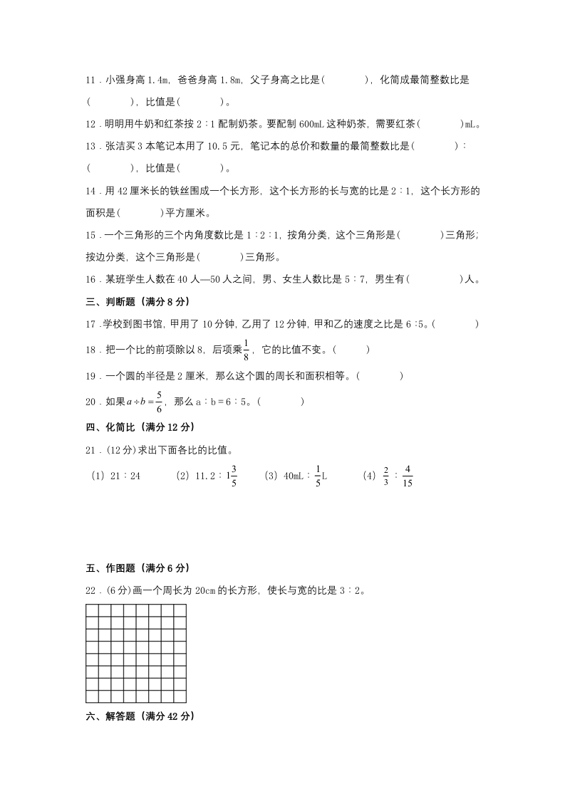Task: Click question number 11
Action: coord(91,80)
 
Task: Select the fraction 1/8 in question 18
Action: coord(246,350)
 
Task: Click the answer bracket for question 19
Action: coord(380,375)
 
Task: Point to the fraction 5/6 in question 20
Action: coord(159,401)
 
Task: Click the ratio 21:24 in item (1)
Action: coord(125,476)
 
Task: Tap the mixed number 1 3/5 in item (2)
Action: coord(233,476)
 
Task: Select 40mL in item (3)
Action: coord(291,476)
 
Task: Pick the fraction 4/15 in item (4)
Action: coord(408,476)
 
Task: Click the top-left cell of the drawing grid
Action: coord(92,610)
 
